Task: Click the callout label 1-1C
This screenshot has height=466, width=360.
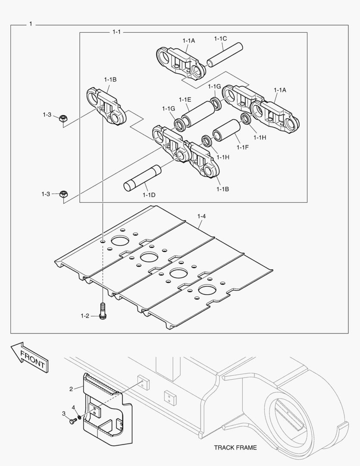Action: point(220,39)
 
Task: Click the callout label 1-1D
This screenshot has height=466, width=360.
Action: point(149,195)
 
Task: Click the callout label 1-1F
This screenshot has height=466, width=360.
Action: point(244,148)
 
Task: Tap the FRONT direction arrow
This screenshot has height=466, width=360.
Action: point(29,358)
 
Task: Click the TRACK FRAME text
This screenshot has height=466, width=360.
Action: point(235,447)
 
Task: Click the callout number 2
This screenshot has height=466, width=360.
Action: point(71,389)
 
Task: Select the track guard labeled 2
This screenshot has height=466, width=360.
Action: point(103,410)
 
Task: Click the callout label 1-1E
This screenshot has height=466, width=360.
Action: point(185,99)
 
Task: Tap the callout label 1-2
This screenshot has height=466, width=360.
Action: point(85,316)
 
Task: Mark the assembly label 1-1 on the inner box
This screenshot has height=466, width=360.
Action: point(116,32)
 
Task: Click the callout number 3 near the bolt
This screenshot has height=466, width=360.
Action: point(64,413)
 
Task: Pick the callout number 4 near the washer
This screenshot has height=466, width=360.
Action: point(73,407)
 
